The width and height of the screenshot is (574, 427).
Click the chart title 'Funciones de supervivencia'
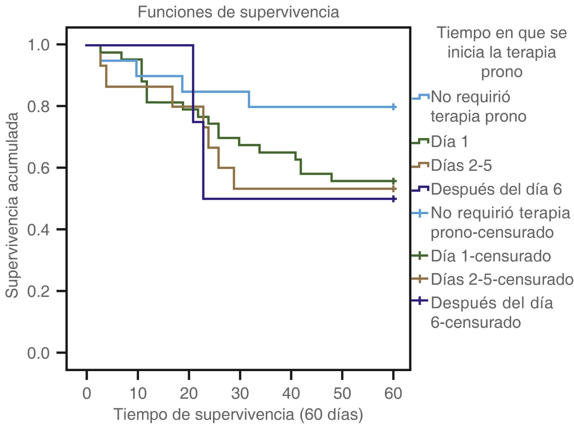click(x=238, y=12)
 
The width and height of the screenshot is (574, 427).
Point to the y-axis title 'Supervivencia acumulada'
click(x=13, y=205)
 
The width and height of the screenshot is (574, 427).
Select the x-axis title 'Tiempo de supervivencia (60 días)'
click(x=238, y=414)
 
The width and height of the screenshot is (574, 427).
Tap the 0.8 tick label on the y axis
click(x=38, y=106)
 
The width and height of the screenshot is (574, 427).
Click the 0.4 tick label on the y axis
click(x=38, y=230)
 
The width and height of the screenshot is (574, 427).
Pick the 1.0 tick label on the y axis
click(x=38, y=45)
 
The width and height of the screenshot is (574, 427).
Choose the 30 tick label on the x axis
click(x=240, y=393)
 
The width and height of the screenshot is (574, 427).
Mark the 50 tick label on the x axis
click(x=342, y=393)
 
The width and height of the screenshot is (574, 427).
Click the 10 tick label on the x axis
click(x=138, y=393)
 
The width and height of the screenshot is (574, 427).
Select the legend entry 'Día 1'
click(x=449, y=142)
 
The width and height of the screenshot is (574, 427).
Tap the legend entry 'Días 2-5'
click(x=461, y=166)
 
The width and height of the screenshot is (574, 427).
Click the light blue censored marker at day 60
click(x=393, y=107)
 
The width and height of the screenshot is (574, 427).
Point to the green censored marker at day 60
click(x=393, y=181)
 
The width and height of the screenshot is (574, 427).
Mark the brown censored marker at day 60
click(x=393, y=189)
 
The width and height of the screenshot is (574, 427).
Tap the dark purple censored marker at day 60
click(x=393, y=199)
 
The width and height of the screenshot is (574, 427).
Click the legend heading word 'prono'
click(x=502, y=72)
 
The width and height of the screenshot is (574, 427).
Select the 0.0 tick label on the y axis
click(x=38, y=353)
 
